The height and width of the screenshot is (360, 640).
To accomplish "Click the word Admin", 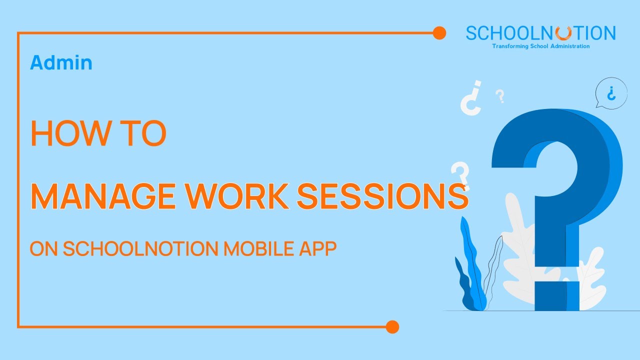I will click(x=61, y=62).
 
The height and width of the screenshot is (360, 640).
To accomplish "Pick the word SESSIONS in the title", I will click(x=383, y=197).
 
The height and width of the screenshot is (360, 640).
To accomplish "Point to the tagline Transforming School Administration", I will click(x=540, y=46).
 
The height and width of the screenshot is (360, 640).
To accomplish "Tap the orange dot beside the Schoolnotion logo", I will click(x=439, y=33).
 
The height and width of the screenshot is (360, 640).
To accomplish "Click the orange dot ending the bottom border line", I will click(x=392, y=327).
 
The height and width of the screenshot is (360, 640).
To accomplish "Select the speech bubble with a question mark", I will click(x=610, y=93).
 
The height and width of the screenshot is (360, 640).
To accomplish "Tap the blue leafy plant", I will click(x=471, y=270).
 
